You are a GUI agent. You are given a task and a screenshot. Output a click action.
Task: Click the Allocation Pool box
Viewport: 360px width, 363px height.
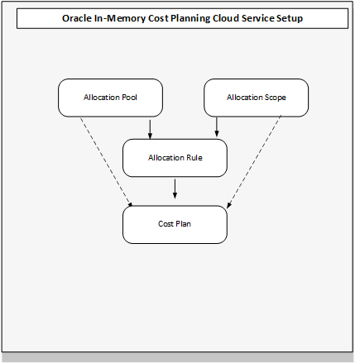pos(110,98)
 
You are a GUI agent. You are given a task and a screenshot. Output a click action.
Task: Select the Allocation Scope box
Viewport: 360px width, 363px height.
pos(256,98)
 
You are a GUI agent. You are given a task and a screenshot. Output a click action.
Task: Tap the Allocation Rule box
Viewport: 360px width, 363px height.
pos(175,157)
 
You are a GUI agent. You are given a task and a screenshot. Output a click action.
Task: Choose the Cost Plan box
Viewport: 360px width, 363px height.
pos(175,224)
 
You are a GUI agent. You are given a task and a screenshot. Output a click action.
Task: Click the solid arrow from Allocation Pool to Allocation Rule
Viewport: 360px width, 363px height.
pos(150,127)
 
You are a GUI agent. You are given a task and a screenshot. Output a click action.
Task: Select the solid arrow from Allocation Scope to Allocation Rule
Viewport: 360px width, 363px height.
pos(217,127)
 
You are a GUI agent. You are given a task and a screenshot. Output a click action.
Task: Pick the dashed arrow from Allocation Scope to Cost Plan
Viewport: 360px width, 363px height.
pos(254,162)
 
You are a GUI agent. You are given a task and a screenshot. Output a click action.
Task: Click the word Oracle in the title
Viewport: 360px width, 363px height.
pos(79,17)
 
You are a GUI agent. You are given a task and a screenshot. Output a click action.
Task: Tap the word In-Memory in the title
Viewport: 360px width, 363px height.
pos(124,17)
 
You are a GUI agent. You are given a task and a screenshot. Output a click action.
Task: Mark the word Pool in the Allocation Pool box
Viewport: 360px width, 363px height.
pos(128,98)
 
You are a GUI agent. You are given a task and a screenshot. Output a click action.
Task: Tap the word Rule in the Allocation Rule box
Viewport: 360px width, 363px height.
pos(193,157)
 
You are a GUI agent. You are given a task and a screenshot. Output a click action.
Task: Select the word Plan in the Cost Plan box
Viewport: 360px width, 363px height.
pos(184,224)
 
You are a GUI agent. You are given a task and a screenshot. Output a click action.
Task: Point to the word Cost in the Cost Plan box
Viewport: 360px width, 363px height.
pos(166,224)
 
